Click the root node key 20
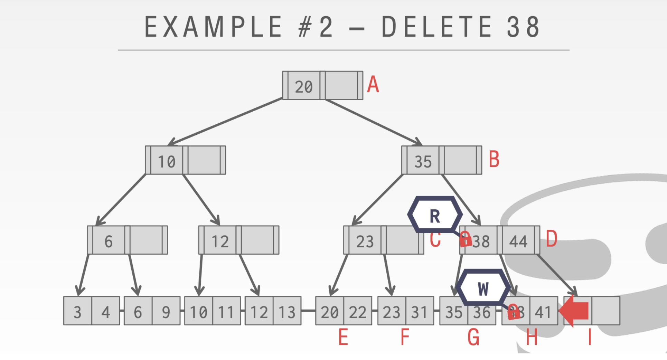304,86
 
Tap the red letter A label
373,85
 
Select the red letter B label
494,160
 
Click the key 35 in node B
423,161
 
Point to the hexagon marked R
435,216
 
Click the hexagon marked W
483,288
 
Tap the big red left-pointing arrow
574,311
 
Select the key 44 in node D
518,241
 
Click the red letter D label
551,239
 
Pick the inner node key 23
365,241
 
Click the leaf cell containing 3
77,312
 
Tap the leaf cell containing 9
166,312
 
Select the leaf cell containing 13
287,312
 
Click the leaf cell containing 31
419,312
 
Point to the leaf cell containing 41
543,312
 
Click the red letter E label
343,337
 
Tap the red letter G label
473,337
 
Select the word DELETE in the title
437,27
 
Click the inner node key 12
220,241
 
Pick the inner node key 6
109,241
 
